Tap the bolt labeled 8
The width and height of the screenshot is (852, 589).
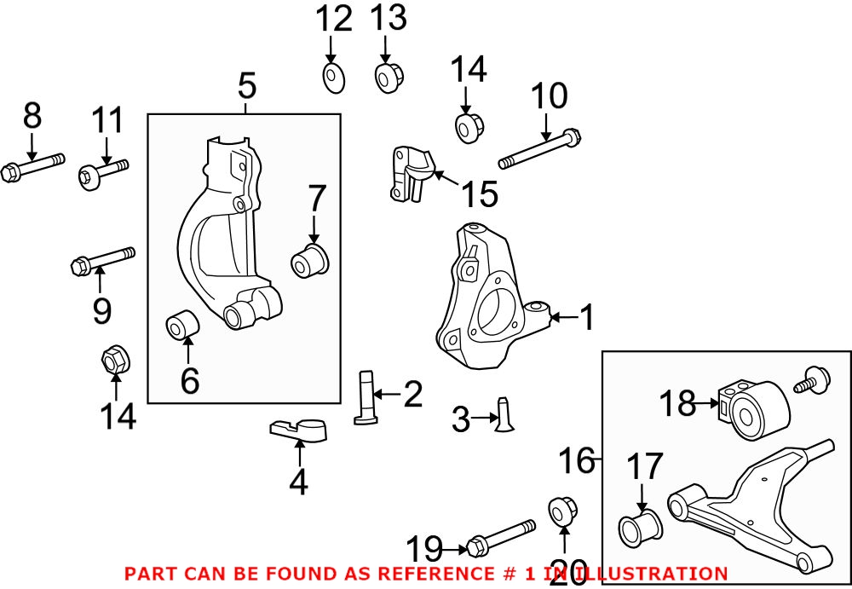32,167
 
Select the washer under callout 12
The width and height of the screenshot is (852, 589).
334,78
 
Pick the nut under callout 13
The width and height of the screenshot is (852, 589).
389,78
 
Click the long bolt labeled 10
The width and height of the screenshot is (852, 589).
540,147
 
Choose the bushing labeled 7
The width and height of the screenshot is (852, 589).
310,261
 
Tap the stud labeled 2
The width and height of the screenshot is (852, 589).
366,396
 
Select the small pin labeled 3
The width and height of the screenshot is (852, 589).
504,414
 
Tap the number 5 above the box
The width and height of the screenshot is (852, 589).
247,86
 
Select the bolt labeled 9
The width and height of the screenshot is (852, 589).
103,260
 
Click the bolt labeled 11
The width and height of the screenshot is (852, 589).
104,171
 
